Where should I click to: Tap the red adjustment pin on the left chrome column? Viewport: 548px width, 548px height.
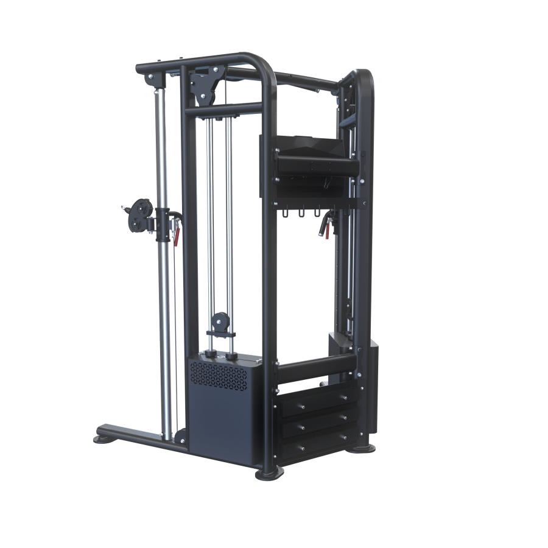click(x=176, y=234)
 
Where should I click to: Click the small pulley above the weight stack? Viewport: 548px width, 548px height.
click(x=220, y=320)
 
